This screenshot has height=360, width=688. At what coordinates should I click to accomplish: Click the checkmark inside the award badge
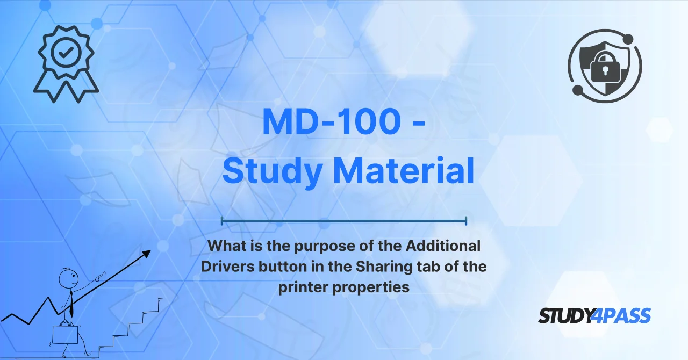click(66, 53)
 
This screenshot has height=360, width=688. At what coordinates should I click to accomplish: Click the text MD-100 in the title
click(332, 121)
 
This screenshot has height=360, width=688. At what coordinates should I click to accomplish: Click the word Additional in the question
click(443, 246)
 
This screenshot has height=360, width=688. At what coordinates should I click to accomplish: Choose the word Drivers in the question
click(227, 267)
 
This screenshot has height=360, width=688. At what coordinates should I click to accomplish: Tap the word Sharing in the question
click(384, 267)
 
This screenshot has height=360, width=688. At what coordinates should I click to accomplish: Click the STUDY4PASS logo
click(594, 315)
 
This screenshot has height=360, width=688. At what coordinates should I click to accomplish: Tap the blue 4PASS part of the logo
click(621, 315)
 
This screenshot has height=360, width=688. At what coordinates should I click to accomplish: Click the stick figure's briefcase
click(65, 334)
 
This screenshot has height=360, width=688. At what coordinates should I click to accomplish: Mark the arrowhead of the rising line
click(146, 254)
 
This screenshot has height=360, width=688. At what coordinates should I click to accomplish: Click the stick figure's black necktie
click(71, 304)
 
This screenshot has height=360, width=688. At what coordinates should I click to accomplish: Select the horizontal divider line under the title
click(344, 220)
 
